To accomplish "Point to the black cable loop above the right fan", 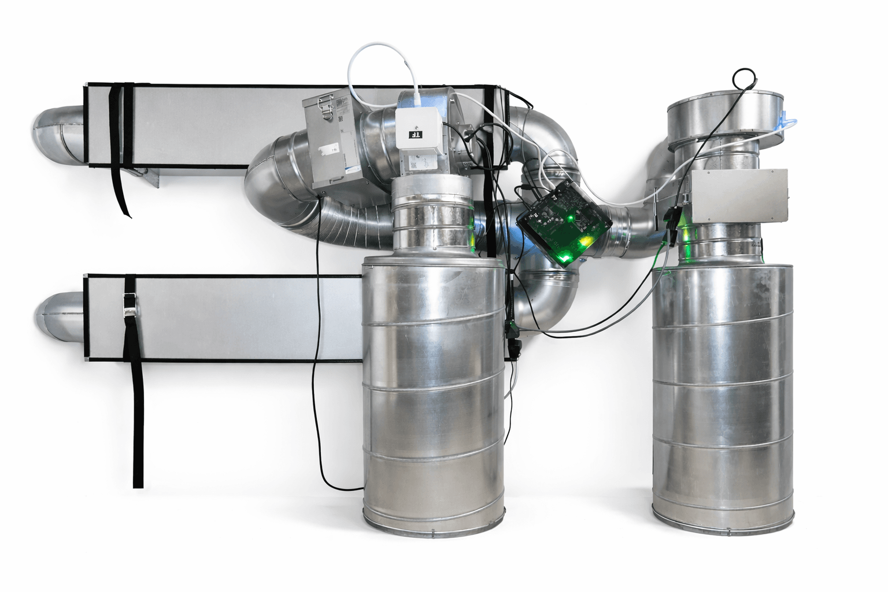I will [x=745, y=79].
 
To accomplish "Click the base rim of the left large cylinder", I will [x=434, y=523].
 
